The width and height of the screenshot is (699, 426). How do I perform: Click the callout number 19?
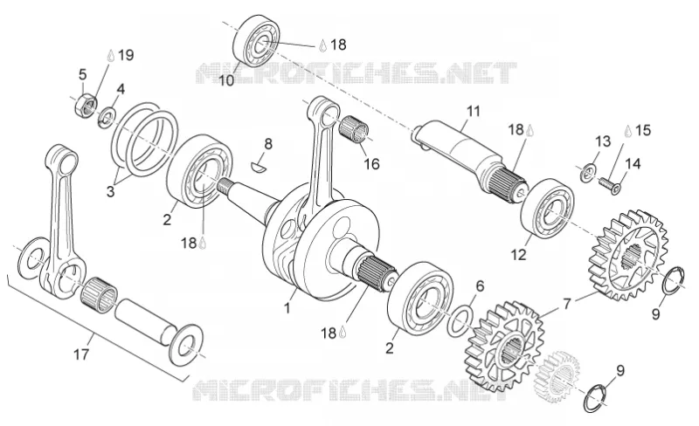tap(126, 55)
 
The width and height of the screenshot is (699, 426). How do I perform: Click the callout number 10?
tap(226, 81)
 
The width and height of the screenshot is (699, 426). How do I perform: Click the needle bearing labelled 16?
tap(354, 129)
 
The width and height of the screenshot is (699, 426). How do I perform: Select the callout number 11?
tap(473, 111)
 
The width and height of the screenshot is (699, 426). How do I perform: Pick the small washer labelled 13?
tap(589, 172)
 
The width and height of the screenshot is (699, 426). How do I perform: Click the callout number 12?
tap(518, 255)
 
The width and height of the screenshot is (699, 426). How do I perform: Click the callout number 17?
tap(81, 354)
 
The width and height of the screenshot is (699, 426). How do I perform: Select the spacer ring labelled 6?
tap(460, 320)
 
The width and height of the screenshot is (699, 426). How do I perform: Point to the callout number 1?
tap(287, 308)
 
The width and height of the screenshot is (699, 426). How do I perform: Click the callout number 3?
tap(110, 192)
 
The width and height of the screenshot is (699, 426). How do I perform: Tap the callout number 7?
tap(566, 304)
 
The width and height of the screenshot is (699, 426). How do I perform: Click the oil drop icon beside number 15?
tap(628, 131)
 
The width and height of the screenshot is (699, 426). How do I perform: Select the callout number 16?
tap(372, 164)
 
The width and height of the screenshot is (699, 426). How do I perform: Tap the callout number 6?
tap(480, 286)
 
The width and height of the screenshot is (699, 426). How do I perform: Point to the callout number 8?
tap(268, 144)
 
